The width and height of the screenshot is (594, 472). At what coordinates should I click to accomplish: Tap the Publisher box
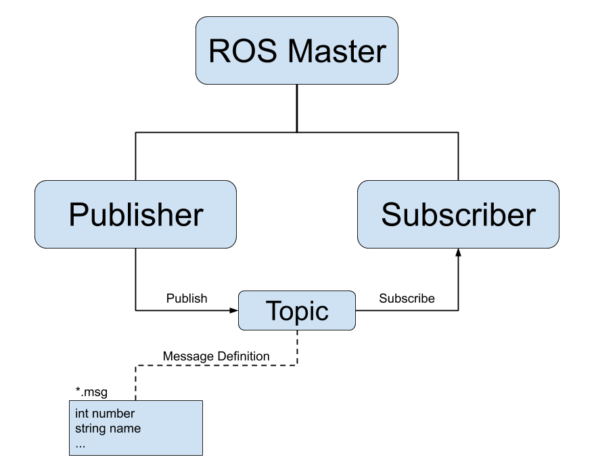coord(135,215)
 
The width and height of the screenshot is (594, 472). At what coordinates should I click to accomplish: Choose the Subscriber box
coord(458,215)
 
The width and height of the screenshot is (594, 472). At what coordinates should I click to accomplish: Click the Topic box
coord(296,311)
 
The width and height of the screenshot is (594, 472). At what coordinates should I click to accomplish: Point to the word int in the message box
coord(82,414)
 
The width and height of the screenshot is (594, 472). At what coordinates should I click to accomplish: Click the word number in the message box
coord(114,414)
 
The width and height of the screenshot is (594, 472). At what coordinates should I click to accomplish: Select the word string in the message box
coord(89,429)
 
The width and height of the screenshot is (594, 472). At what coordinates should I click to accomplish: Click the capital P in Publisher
coord(78,215)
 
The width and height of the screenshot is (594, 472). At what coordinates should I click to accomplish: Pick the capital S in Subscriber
coord(392,215)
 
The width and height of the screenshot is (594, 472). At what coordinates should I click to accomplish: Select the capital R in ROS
coord(220,51)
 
